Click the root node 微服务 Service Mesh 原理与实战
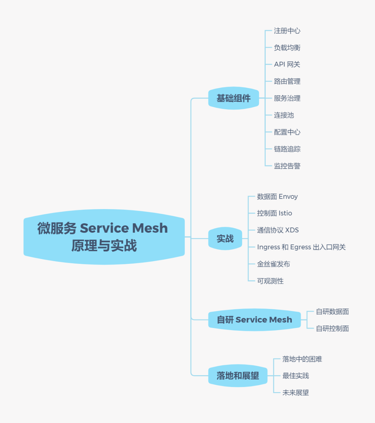coord(104,237)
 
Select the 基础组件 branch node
coord(233,98)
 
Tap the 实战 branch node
coord(225,239)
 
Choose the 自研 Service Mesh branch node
coord(254,320)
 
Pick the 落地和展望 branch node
coord(237,375)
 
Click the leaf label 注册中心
coord(287,31)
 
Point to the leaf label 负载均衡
coord(287,48)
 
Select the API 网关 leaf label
coord(287,64)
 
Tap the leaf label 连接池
coord(284,115)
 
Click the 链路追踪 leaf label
coord(287,149)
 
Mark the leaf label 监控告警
coord(287,166)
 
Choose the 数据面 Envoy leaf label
coord(277,197)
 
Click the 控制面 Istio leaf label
coord(274,213)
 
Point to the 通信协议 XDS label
coord(277,230)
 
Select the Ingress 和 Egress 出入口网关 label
coord(301,247)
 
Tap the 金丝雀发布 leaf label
coord(273,264)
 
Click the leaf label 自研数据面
coord(332,312)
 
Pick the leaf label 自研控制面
coord(332,329)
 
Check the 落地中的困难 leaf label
coord(302,359)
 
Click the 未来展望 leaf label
coord(295,393)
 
